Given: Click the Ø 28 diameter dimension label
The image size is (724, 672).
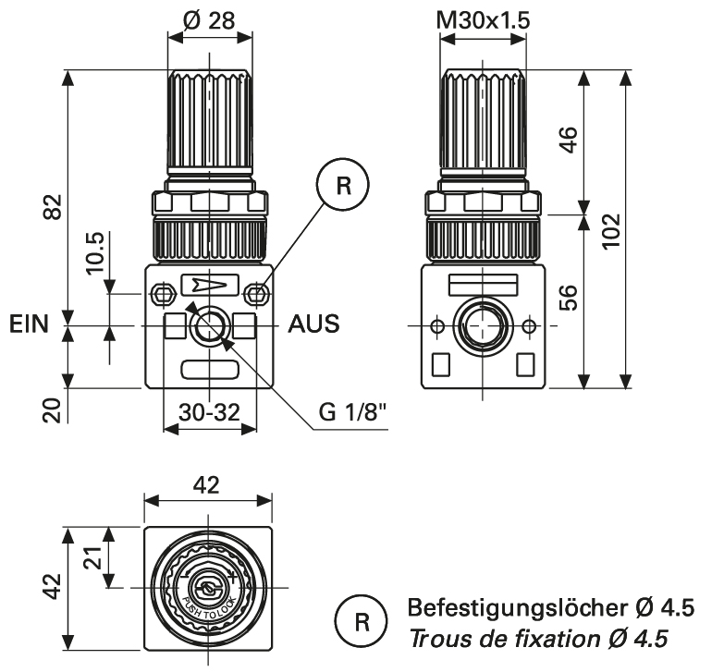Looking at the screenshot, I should pos(210,19).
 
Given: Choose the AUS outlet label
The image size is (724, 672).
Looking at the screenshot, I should pos(313,325).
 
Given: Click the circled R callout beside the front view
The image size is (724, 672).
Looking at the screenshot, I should pos(343,186).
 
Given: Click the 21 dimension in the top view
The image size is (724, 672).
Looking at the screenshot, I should pos(94,556).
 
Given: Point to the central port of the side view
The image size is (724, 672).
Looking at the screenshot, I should pos(482,326).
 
